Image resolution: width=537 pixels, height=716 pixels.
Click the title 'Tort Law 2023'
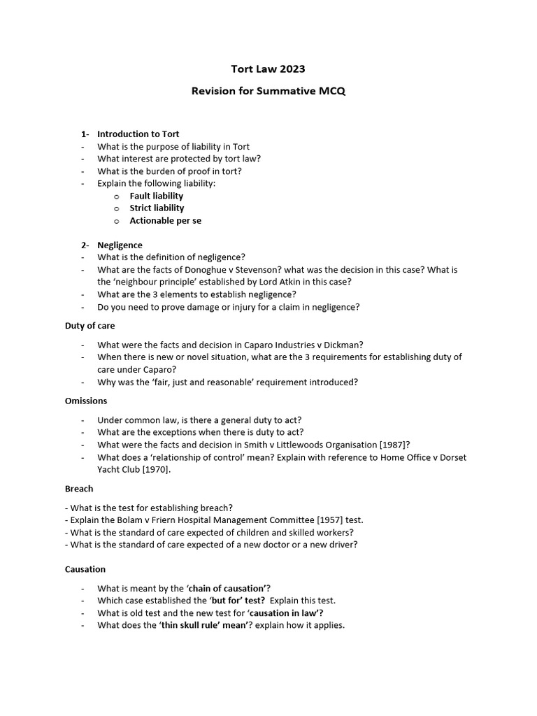(x=268, y=69)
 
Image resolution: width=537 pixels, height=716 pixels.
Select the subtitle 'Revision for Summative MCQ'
(x=268, y=92)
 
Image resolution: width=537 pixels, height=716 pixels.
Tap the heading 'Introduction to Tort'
(x=138, y=134)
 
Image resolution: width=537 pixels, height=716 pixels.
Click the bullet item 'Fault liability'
(x=156, y=196)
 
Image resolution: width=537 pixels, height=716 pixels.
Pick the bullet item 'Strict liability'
(x=157, y=208)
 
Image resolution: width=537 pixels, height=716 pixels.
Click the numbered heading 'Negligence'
(x=120, y=245)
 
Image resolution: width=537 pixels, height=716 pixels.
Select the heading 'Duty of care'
(x=89, y=326)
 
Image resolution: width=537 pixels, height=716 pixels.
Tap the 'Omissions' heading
(x=86, y=401)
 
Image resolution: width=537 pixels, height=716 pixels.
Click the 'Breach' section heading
(x=79, y=489)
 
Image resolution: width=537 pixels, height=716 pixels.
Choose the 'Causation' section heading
(x=85, y=570)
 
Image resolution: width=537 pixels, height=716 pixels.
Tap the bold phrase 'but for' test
(x=237, y=601)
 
